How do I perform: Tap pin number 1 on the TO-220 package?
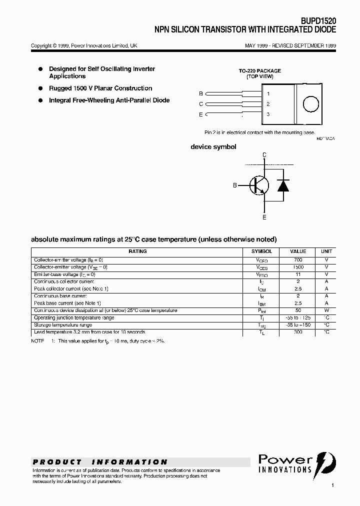point(268,93)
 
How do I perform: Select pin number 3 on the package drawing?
point(268,114)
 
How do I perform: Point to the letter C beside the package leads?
point(201,104)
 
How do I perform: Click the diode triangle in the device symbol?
point(283,185)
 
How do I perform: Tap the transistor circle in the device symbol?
point(259,185)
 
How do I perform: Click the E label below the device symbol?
point(264,217)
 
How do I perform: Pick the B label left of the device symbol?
point(235,185)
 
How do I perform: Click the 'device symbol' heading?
point(213,147)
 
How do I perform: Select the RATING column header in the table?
point(137,251)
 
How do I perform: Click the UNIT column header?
point(326,251)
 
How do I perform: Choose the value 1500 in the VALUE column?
point(298,267)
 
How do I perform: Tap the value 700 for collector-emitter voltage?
point(298,260)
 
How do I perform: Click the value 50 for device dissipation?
point(298,310)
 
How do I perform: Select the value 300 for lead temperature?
point(298,332)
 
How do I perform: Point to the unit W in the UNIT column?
point(326,310)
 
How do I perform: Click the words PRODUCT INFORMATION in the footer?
point(100,462)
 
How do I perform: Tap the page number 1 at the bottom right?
point(332,485)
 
